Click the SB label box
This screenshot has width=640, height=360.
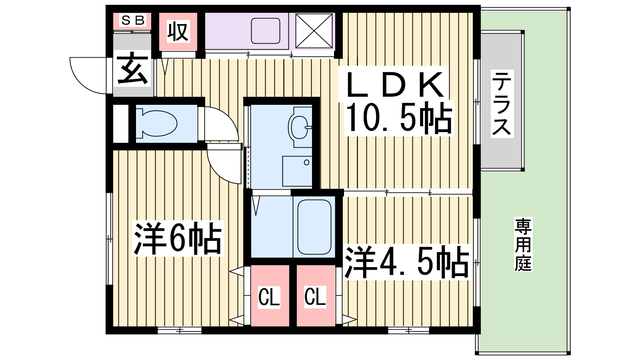(x=132, y=20)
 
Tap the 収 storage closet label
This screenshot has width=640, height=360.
(x=178, y=32)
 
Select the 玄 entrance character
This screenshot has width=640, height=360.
(x=132, y=68)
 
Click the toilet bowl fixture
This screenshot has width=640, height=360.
(x=156, y=124)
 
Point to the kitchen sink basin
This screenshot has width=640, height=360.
(x=266, y=31)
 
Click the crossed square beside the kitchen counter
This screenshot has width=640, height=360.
(x=314, y=31)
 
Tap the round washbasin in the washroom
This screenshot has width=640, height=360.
(x=299, y=127)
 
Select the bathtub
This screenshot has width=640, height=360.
(x=314, y=227)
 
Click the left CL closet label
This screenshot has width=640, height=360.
(x=269, y=297)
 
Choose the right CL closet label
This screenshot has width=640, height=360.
(x=315, y=297)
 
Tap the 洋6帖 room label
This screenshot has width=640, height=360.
(x=178, y=238)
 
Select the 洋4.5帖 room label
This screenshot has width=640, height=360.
(x=406, y=262)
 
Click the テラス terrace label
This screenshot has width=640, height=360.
(x=502, y=104)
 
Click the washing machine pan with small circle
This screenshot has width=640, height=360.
(x=297, y=171)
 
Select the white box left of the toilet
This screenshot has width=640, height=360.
(x=121, y=124)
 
